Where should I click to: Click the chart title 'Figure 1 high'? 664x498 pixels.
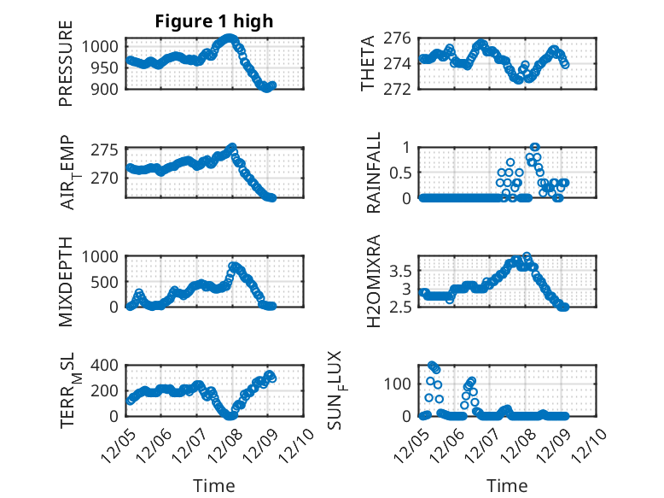214,21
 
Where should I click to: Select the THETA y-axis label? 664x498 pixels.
368,63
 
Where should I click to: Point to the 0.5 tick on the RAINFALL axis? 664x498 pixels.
400,172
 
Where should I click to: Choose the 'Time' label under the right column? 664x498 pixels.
507,485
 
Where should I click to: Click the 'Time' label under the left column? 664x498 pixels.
213,485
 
